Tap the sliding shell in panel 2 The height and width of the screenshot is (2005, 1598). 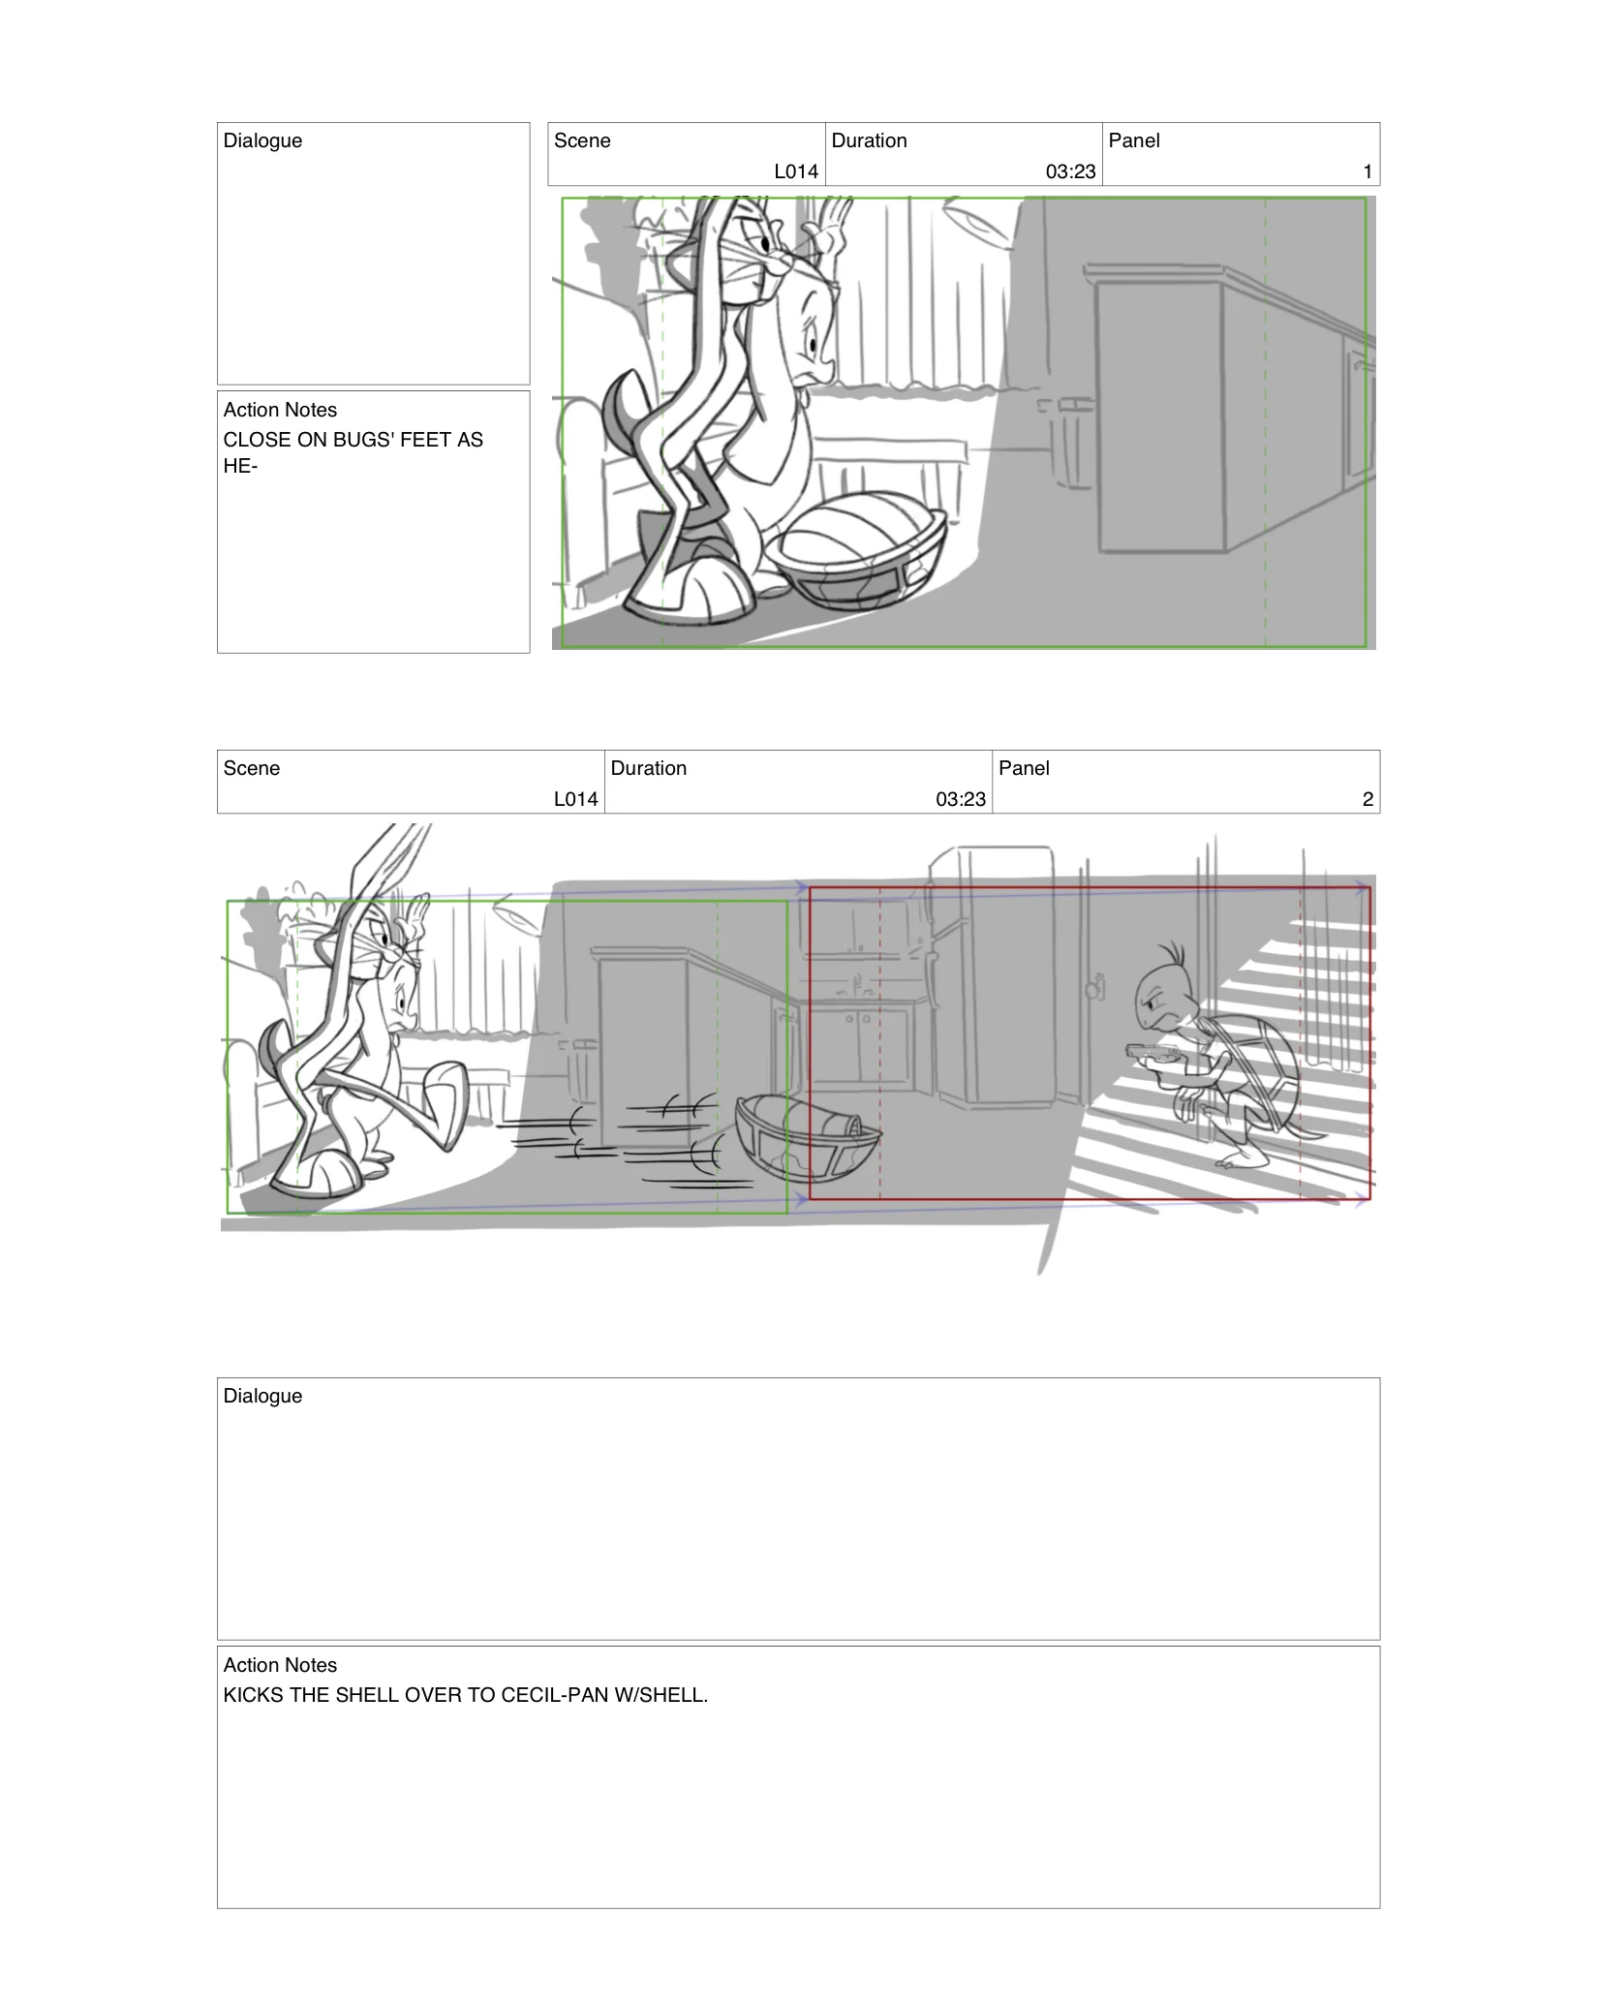807,1138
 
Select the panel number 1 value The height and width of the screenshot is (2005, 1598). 1367,171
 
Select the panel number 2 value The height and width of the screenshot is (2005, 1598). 1367,799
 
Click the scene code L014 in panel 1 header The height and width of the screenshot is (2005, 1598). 796,171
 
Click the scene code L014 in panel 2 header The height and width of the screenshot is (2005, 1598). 575,799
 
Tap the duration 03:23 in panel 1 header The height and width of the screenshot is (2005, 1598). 1070,171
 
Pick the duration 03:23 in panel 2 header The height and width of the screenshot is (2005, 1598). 960,799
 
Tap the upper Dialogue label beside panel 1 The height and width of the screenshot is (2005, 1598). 262,140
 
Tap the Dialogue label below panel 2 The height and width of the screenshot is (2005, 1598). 262,1396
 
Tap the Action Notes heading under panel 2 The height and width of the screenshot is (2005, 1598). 280,1665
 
